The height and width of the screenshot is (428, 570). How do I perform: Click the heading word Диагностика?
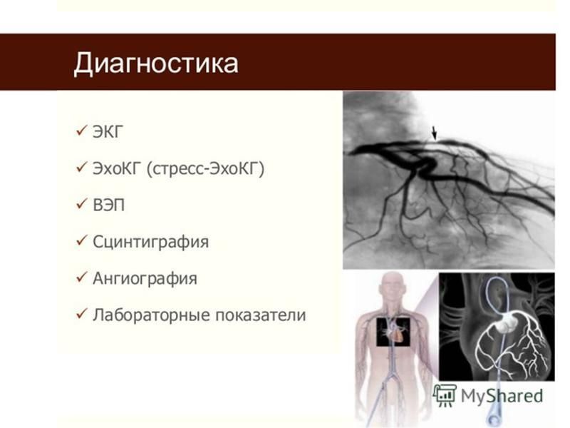156,63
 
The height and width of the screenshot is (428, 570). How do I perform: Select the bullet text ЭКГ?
108,132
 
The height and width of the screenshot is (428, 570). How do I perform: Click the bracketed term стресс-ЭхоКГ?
205,169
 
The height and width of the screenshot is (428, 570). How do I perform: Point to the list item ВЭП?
109,205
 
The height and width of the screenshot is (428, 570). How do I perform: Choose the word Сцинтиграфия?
151,242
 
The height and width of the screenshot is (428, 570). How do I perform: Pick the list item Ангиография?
145,279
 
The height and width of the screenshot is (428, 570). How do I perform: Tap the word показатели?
260,315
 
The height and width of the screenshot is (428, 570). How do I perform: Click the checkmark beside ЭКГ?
82,130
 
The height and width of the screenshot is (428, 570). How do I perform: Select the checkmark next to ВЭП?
82,203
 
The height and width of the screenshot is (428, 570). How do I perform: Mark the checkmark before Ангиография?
82,277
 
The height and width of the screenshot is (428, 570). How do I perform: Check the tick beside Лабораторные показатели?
82,313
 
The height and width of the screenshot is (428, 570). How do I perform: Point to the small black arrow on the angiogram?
434,133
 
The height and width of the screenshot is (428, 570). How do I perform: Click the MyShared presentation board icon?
445,395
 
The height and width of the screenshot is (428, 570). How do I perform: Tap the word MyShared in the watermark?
502,396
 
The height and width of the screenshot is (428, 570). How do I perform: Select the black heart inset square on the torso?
393,332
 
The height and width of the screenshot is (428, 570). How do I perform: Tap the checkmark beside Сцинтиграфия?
82,240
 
